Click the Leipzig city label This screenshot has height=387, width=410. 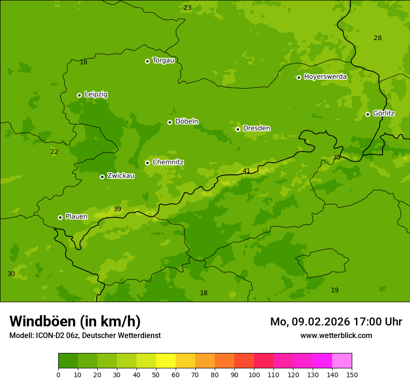pyautogui.click(x=96, y=95)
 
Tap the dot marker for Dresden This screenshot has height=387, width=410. pyautogui.click(x=238, y=129)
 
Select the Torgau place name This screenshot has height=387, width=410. pyautogui.click(x=163, y=61)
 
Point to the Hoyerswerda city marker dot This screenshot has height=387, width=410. pyautogui.click(x=299, y=77)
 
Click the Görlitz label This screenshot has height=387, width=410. pyautogui.click(x=384, y=113)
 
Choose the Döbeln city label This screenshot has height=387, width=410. pyautogui.click(x=186, y=122)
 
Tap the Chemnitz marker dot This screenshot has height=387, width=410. pyautogui.click(x=147, y=163)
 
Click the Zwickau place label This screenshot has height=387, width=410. pyautogui.click(x=121, y=176)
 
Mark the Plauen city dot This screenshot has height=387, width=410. pyautogui.click(x=60, y=217)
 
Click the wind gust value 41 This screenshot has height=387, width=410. pyautogui.click(x=246, y=171)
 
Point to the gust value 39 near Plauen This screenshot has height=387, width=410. pyautogui.click(x=117, y=209)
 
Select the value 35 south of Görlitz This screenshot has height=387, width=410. pyautogui.click(x=337, y=157)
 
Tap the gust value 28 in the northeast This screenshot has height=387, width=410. pyautogui.click(x=377, y=38)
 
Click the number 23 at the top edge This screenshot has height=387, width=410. pyautogui.click(x=187, y=7)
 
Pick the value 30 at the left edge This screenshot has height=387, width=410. pyautogui.click(x=11, y=274)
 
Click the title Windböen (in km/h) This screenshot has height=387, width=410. pyautogui.click(x=75, y=321)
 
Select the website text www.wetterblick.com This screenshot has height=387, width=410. pyautogui.click(x=336, y=335)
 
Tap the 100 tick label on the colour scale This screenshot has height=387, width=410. pyautogui.click(x=254, y=374)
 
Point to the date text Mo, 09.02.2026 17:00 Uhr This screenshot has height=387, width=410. pyautogui.click(x=336, y=322)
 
